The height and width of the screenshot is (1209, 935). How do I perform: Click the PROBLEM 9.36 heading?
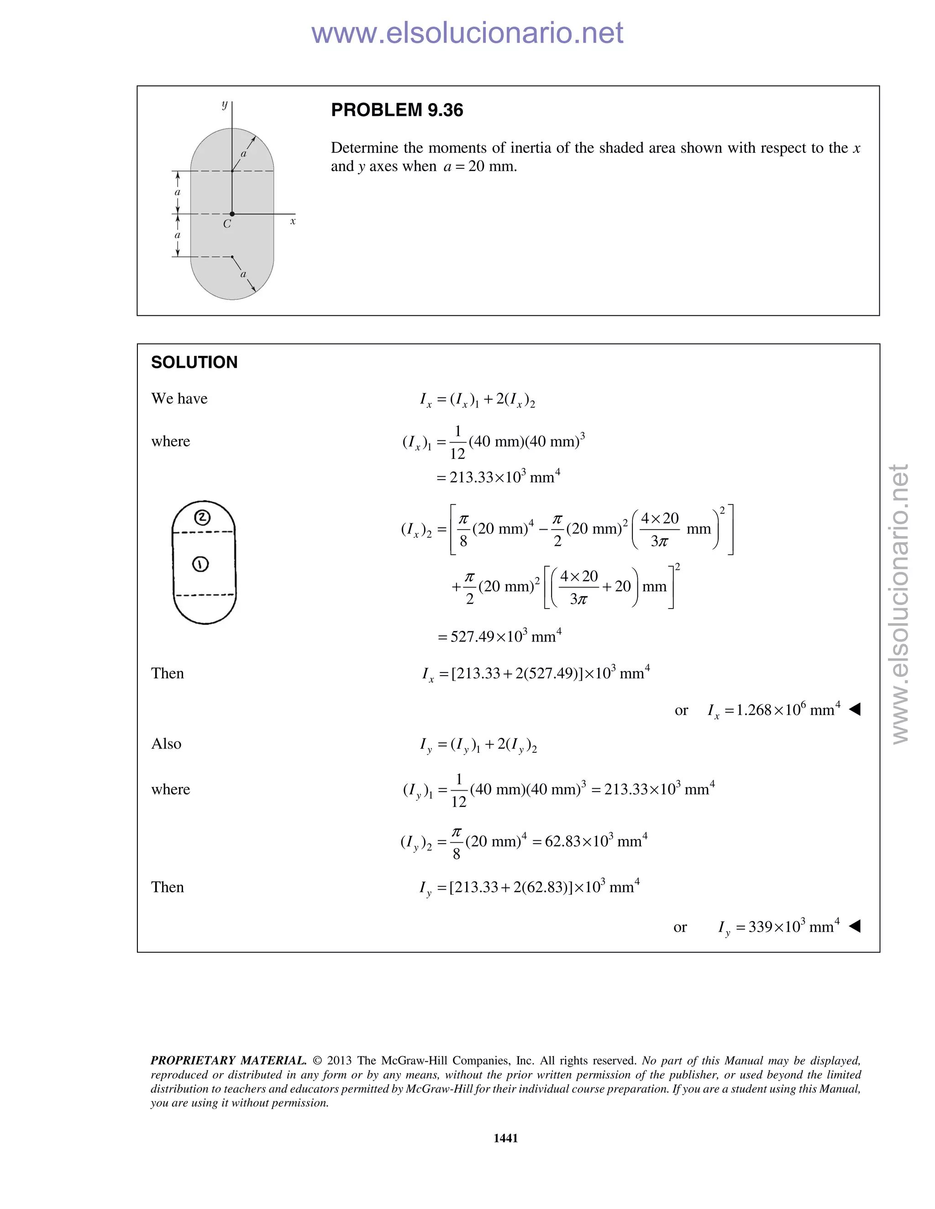pos(397,110)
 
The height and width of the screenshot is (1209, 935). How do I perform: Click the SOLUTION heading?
pos(194,363)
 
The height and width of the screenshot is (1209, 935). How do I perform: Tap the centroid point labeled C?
pos(232,214)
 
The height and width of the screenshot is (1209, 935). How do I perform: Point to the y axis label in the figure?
pos(224,104)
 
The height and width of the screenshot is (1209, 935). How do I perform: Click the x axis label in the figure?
pos(293,221)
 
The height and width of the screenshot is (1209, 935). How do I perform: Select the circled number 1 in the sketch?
pos(200,564)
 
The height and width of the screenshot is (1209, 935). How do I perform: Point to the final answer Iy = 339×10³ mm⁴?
pos(778,927)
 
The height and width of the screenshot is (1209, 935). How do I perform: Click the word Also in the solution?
pos(166,744)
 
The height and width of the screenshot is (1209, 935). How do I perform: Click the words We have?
pos(179,399)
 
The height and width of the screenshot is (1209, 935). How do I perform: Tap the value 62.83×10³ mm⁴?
pos(596,841)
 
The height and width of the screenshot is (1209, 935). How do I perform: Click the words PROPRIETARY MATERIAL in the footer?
pos(228,1061)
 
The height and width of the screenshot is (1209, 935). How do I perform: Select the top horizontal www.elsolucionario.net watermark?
pos(467,33)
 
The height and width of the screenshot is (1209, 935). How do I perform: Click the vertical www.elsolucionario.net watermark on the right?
pos(900,604)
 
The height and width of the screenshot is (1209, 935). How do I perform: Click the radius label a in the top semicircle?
pos(243,154)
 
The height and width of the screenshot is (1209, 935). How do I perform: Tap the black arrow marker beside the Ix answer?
pos(855,709)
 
